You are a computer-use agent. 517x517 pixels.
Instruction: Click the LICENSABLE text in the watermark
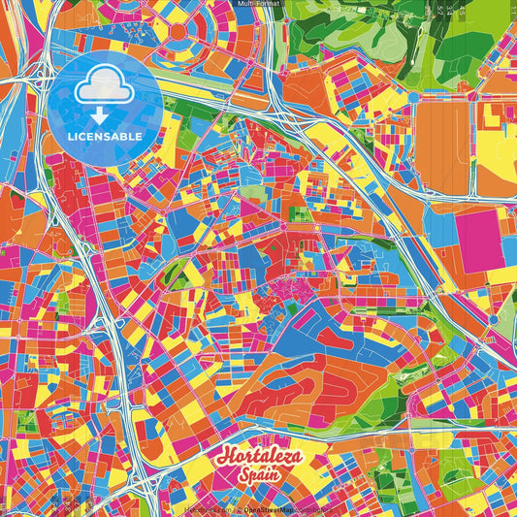click(106, 137)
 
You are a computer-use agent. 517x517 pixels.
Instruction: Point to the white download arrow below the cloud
click(106, 115)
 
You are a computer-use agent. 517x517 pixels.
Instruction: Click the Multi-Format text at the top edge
click(258, 5)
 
